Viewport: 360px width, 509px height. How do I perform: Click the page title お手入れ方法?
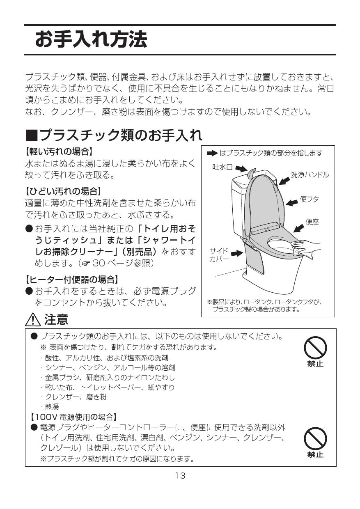click(91, 40)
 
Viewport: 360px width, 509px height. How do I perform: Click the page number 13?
click(180, 476)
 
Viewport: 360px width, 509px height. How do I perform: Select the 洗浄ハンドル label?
click(310, 174)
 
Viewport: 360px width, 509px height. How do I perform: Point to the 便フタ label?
click(310, 199)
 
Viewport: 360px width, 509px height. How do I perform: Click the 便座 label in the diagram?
click(312, 222)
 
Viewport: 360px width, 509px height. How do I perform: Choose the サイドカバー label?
click(219, 255)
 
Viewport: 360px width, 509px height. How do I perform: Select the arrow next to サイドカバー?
click(237, 254)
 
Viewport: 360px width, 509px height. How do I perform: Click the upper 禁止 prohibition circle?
click(315, 349)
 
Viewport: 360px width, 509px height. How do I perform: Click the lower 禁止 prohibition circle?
click(315, 439)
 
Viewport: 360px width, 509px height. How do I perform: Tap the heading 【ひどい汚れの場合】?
click(63, 191)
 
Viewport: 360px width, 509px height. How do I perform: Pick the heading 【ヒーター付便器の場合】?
click(72, 280)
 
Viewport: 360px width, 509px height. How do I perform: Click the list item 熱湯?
click(52, 407)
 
